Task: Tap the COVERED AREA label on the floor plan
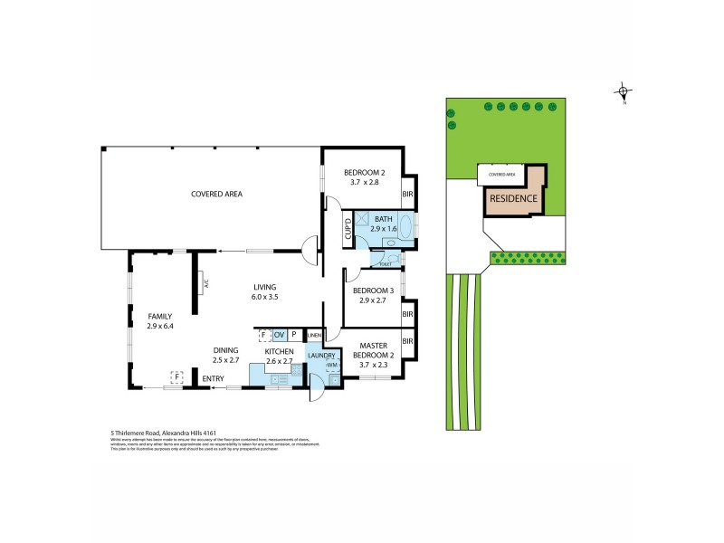216,194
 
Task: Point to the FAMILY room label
160,316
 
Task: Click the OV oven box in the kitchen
279,335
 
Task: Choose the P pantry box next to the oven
294,335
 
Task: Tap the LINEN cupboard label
314,336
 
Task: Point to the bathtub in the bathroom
405,224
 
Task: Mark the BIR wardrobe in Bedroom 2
407,195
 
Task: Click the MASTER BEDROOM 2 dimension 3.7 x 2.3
379,367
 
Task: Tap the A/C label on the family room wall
206,283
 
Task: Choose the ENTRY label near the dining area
213,378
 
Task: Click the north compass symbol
622,90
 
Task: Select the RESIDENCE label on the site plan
513,199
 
